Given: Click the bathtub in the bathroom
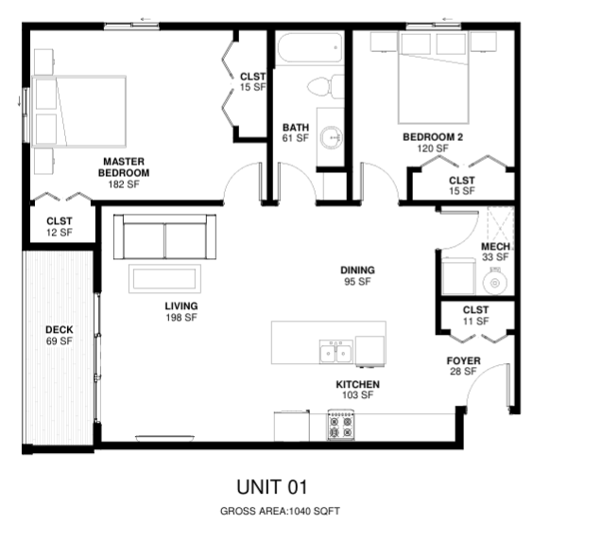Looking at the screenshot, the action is click(309, 47).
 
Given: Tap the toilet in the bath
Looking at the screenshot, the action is click(325, 87).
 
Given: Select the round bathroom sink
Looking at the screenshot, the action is click(332, 137).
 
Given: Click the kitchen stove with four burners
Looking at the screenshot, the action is click(341, 425).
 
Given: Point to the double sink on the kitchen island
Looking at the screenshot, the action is click(335, 352).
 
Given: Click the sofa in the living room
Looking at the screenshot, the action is click(164, 236).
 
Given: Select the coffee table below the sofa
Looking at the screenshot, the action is click(164, 279).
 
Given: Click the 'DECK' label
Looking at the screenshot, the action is click(60, 330).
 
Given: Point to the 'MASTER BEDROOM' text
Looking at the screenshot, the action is click(124, 167).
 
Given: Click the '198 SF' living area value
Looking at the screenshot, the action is click(181, 318).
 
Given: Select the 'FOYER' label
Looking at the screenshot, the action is click(464, 361).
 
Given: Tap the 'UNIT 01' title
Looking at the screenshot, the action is click(272, 487).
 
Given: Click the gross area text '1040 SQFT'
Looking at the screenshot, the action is click(314, 511).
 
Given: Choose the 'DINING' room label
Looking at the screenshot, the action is click(357, 270).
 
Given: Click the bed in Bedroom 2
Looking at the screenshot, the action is click(434, 78).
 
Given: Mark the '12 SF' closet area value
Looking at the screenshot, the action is click(60, 233).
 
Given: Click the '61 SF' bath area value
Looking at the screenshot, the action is click(296, 138).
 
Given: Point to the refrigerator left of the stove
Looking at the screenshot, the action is click(292, 426).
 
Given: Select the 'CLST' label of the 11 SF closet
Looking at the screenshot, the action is click(475, 310).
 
